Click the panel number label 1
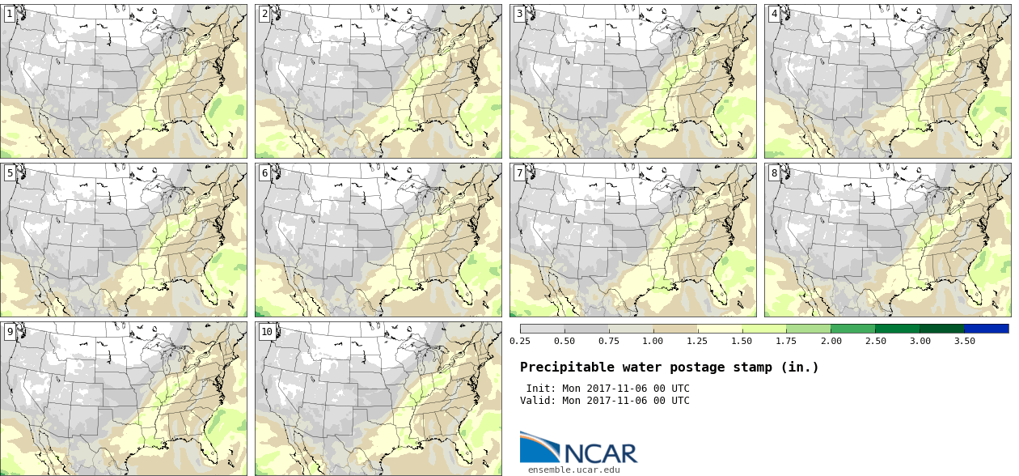(10, 15)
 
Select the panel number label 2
(264, 15)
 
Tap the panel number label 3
(519, 15)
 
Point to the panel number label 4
(774, 15)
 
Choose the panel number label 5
(10, 173)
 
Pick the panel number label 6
(264, 173)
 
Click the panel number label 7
(519, 173)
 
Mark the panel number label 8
(774, 173)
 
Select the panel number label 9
(10, 332)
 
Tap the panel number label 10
(267, 332)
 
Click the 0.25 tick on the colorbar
(519, 342)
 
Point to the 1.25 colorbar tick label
(697, 342)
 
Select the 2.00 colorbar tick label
(831, 342)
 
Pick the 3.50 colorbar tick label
(964, 342)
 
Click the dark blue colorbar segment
(986, 329)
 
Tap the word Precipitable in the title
(560, 368)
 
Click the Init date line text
(607, 389)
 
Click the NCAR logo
(578, 448)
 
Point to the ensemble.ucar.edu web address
(573, 470)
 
